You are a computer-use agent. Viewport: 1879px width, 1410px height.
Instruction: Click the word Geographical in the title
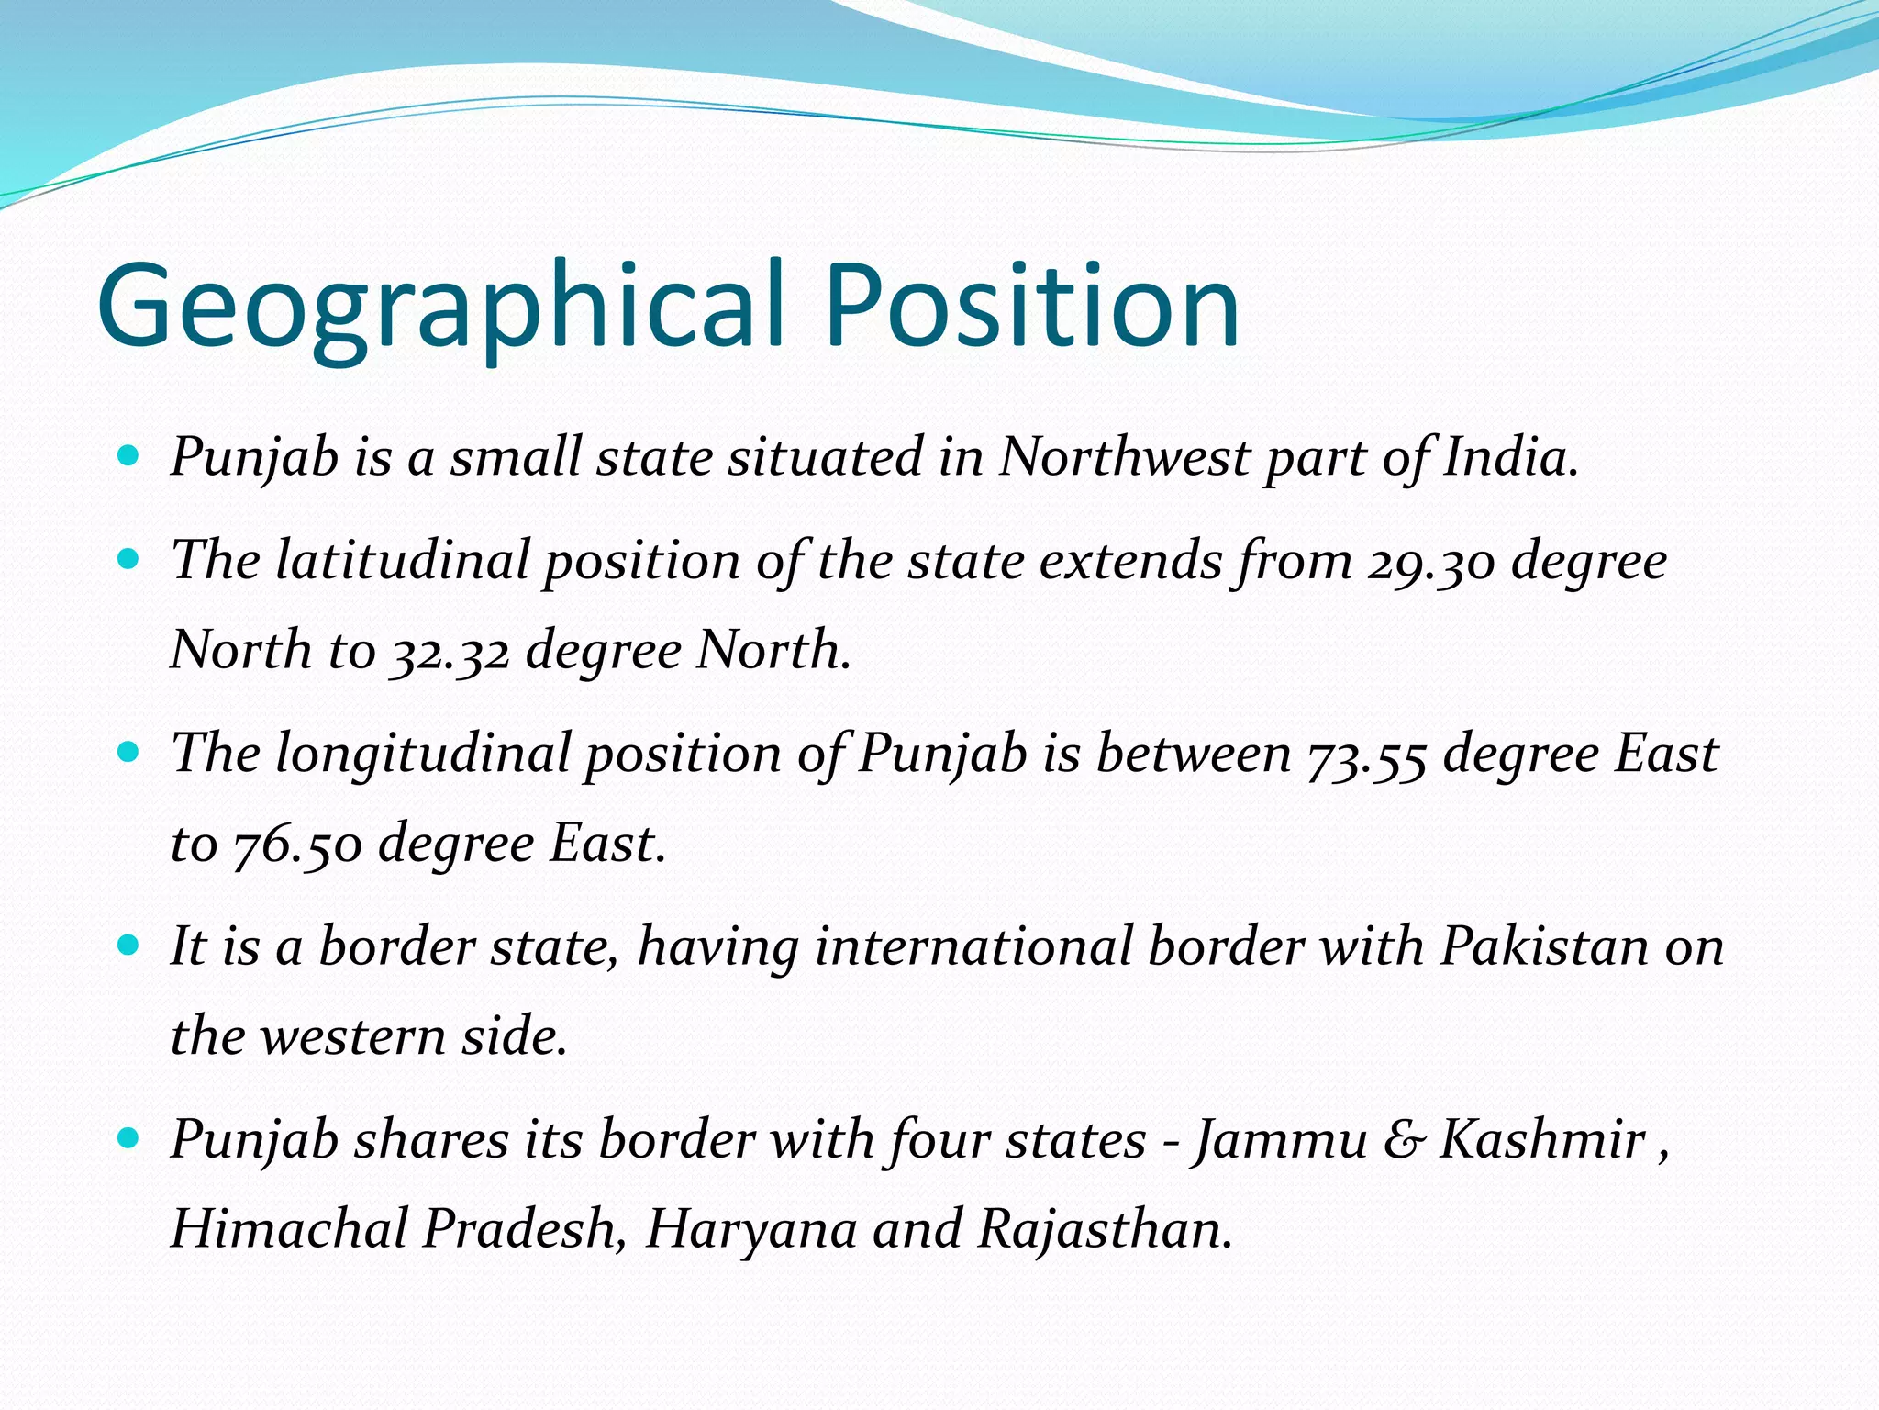(x=440, y=308)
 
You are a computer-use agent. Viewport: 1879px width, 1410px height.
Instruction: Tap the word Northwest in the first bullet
(x=1124, y=456)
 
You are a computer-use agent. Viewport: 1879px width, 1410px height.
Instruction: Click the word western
(x=352, y=1037)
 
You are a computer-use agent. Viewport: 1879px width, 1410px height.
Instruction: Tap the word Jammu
(x=1280, y=1141)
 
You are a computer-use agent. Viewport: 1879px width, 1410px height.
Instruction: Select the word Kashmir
(x=1542, y=1140)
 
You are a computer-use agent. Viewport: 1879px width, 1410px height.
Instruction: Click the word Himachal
(x=289, y=1229)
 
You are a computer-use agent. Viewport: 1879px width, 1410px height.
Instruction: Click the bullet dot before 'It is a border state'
(x=128, y=945)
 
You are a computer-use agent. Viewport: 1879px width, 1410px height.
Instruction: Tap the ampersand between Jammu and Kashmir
(x=1404, y=1141)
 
